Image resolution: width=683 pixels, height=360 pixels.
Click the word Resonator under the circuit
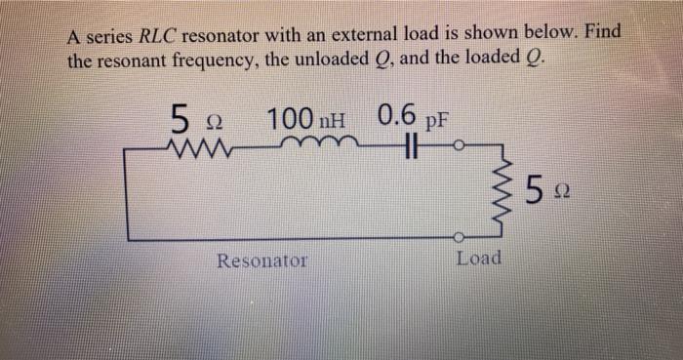click(261, 260)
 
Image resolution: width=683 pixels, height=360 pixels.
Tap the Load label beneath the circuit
click(479, 259)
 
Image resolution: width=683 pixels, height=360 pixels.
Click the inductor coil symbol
click(310, 146)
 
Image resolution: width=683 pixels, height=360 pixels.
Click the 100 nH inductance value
click(305, 121)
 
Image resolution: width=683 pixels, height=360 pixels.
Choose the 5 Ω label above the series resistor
click(191, 122)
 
